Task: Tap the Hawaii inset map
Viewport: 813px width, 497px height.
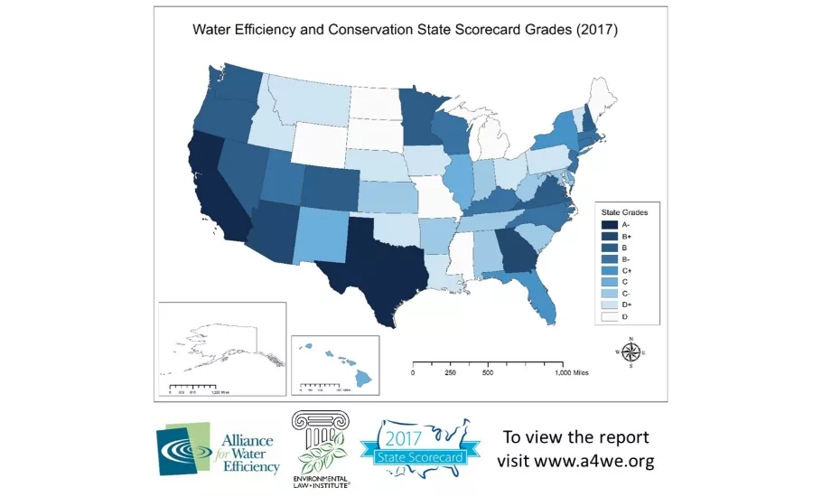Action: pos(335,361)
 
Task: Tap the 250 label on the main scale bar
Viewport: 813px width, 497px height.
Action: pos(450,372)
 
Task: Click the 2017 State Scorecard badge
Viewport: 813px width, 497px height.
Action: pos(416,446)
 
